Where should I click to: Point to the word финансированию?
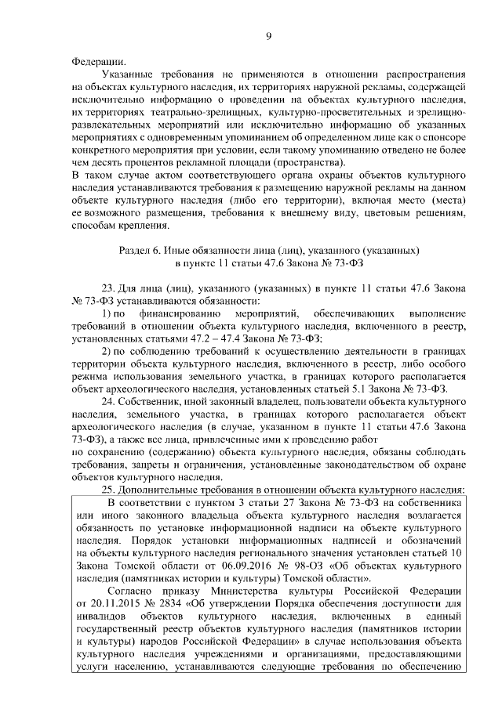[167, 313]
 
